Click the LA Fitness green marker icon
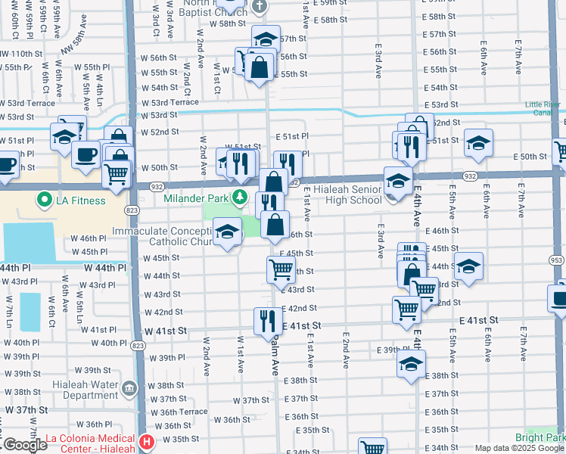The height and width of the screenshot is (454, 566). [44, 201]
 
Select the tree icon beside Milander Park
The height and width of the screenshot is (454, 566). [240, 198]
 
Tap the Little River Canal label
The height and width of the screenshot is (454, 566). [544, 110]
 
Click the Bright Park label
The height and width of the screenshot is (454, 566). [539, 437]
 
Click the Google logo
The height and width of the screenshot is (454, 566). [24, 445]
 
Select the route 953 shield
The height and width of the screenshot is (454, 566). [557, 260]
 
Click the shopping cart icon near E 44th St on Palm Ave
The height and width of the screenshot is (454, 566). [281, 267]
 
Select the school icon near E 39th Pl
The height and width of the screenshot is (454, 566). [411, 363]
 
